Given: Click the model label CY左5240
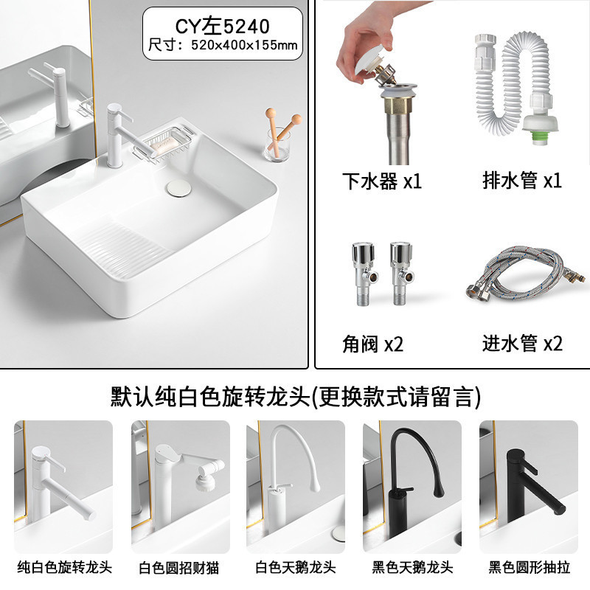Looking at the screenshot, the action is (x=223, y=27).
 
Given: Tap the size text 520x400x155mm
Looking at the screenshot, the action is (x=244, y=46).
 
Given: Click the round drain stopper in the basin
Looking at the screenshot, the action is (x=179, y=188).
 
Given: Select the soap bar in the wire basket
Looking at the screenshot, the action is (x=164, y=144).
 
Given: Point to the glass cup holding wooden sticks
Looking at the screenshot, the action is (x=277, y=145).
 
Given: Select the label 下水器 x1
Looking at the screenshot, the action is (x=381, y=181).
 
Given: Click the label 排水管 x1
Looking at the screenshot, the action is (x=522, y=180).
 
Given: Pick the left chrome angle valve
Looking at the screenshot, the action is (x=364, y=274).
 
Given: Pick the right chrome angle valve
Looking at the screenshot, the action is (x=401, y=274).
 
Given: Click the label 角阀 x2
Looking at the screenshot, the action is (x=372, y=344).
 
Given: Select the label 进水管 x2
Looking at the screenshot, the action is (x=522, y=343).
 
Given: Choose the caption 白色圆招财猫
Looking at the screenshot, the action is (x=179, y=568).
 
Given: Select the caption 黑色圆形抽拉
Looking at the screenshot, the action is (x=529, y=567).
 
